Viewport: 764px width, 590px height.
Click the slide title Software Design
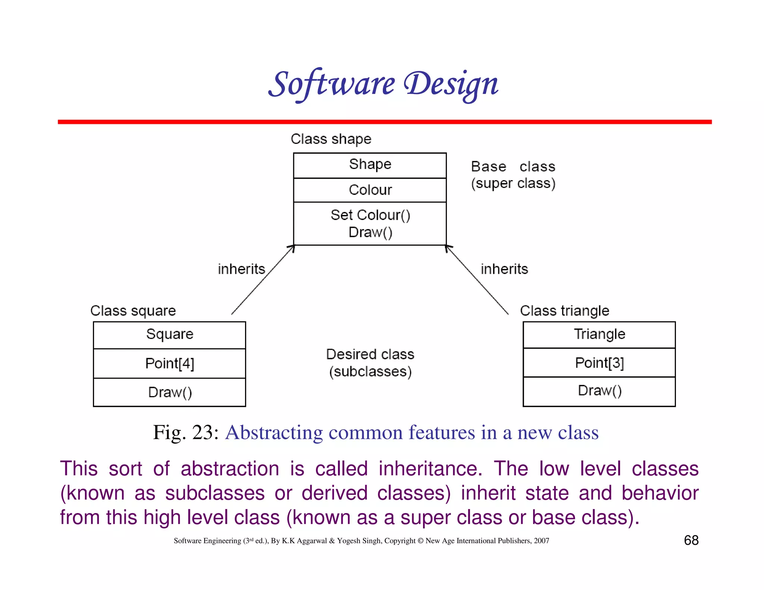coord(383,84)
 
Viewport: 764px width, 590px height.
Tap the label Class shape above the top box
coord(331,139)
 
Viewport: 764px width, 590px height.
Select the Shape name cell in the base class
coord(370,164)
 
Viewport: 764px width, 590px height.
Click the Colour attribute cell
coord(370,190)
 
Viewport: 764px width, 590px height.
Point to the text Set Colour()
coord(370,215)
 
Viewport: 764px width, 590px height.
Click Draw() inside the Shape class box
coord(370,232)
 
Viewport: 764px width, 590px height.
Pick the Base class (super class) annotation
coord(513,175)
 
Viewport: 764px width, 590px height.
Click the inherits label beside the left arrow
coord(241,269)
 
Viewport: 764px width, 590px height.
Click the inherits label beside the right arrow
coord(504,269)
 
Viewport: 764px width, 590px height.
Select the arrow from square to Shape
coord(263,280)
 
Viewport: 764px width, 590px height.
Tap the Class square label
coord(133,311)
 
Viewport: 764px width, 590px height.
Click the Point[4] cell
coord(170,363)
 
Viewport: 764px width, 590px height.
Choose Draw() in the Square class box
coord(170,392)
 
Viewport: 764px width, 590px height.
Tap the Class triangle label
coord(564,311)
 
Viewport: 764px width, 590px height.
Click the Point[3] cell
coord(599,363)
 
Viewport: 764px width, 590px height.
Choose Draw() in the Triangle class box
coord(599,391)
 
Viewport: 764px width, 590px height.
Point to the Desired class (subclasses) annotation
coord(370,363)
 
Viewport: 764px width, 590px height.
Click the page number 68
coord(691,540)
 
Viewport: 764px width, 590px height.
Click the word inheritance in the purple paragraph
coord(430,469)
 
